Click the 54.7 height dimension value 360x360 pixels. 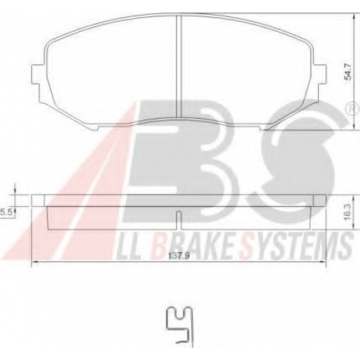[348, 71]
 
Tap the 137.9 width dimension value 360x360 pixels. [178, 256]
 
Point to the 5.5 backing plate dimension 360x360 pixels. [6, 212]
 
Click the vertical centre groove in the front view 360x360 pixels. [179, 66]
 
